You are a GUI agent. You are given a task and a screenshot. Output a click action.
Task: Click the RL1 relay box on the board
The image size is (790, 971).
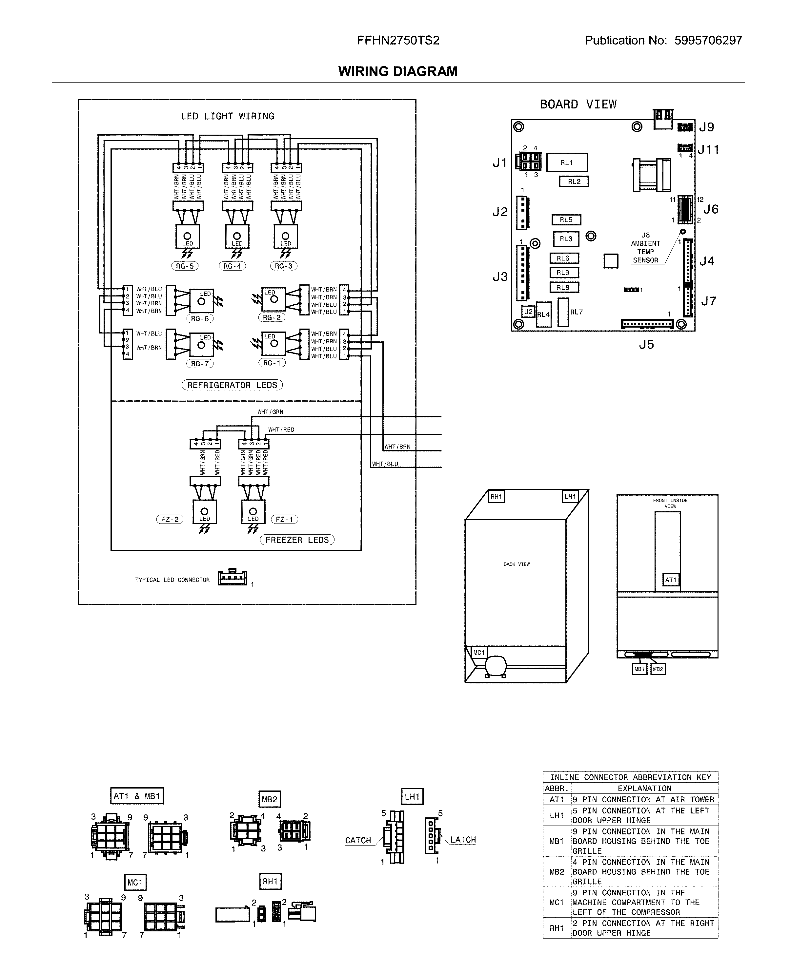tap(567, 162)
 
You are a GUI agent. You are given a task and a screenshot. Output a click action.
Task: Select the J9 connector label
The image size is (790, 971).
tap(706, 127)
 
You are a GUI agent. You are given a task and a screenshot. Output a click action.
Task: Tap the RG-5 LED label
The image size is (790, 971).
tap(185, 266)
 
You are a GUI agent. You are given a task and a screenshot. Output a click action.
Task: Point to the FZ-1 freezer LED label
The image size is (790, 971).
tap(284, 519)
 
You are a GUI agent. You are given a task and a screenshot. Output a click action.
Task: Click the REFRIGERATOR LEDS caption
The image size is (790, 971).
tap(232, 385)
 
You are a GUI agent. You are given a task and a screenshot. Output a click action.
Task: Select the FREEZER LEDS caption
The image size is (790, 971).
tap(297, 540)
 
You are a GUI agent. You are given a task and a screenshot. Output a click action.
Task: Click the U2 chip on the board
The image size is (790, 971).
tap(528, 312)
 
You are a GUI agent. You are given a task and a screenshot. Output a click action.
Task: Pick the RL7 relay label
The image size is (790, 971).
tap(577, 312)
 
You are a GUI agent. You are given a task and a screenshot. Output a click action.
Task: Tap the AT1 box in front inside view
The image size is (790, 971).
tap(671, 580)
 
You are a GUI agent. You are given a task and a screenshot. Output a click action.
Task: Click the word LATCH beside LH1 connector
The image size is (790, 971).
tap(463, 840)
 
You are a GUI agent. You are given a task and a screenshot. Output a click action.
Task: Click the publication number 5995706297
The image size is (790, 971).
tap(708, 41)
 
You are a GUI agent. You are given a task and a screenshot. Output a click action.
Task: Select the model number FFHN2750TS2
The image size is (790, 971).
tap(398, 41)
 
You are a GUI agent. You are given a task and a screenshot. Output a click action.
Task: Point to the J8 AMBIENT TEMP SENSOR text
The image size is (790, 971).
tap(645, 248)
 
